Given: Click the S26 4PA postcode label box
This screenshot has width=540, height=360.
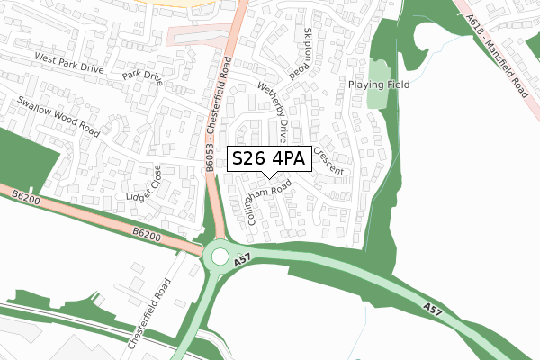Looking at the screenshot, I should click(270, 159).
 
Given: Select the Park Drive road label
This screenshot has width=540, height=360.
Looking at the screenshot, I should click(142, 77).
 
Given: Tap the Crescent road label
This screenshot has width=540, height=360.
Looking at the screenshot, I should click(329, 161).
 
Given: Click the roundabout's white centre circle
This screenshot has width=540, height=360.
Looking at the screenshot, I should click(220, 256).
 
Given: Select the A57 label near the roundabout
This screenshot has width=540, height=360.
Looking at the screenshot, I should click(240, 261).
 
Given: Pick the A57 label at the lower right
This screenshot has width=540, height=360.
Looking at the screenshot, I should click(433, 309).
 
